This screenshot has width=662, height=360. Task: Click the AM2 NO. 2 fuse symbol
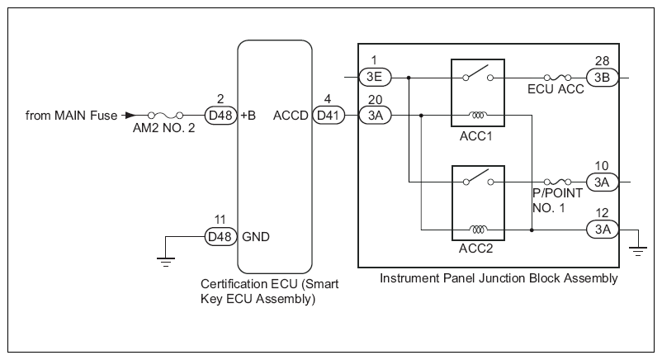(x=165, y=115)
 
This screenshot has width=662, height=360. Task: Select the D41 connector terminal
(x=329, y=116)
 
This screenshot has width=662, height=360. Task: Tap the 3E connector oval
(x=375, y=78)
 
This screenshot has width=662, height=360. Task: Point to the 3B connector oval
(x=603, y=78)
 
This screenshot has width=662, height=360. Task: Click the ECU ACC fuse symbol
(x=558, y=78)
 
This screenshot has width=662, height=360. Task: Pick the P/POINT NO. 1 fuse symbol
(x=558, y=182)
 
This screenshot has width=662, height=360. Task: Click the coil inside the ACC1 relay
(x=478, y=115)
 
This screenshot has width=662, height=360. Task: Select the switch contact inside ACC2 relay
(x=478, y=178)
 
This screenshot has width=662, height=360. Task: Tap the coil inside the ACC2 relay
(x=478, y=230)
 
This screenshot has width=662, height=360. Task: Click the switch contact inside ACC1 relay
(x=478, y=73)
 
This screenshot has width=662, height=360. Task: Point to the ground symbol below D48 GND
(x=166, y=262)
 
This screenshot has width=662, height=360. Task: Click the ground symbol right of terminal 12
(x=638, y=251)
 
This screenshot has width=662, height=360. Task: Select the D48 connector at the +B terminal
(x=221, y=116)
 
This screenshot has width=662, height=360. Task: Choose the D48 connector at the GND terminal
(x=221, y=237)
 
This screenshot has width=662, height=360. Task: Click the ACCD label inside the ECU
(x=291, y=116)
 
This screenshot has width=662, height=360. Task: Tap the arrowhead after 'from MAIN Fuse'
(x=131, y=115)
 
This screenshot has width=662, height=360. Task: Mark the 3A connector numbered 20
(x=375, y=116)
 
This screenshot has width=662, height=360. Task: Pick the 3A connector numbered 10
(x=603, y=182)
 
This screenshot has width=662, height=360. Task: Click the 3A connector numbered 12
(x=603, y=230)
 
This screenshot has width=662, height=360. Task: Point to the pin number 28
(x=603, y=61)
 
